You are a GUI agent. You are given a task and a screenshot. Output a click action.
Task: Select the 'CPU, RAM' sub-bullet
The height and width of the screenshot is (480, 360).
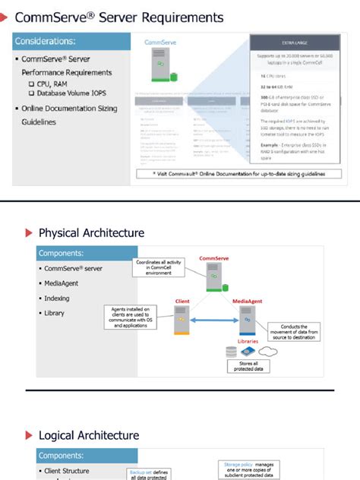[x=50, y=83]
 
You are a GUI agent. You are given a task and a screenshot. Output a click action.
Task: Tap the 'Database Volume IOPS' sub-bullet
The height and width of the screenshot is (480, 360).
[x=69, y=93]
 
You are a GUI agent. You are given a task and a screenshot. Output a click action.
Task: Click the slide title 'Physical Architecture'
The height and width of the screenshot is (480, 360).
[x=91, y=232]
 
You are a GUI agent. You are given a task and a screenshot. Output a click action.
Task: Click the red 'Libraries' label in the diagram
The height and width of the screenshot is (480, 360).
[x=248, y=341]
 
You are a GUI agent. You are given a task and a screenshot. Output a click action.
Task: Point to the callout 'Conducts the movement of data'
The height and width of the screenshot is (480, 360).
[x=292, y=332]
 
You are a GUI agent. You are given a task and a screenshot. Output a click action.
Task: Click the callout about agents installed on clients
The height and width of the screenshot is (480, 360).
[x=128, y=317]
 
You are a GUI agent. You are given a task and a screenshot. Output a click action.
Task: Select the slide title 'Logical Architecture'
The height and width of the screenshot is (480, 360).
[x=88, y=435]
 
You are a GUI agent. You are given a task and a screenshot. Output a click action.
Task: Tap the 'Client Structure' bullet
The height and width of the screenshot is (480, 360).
[x=66, y=471]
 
